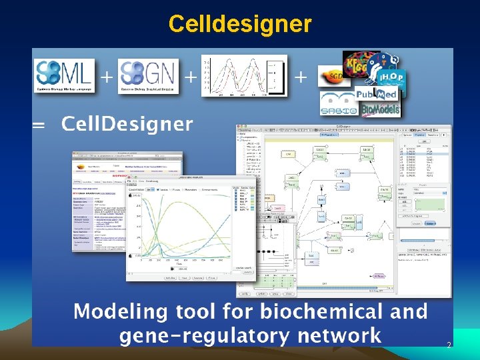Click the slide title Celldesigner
coord(240,24)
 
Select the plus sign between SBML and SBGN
coord(106,77)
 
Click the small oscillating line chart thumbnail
coord(244,75)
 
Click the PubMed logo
coord(376,94)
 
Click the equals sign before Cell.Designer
coord(42,125)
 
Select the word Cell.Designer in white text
coord(127,124)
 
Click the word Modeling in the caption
coord(120,311)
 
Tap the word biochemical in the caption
coord(316,311)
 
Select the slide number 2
coord(449,345)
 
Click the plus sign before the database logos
coord(301,77)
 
